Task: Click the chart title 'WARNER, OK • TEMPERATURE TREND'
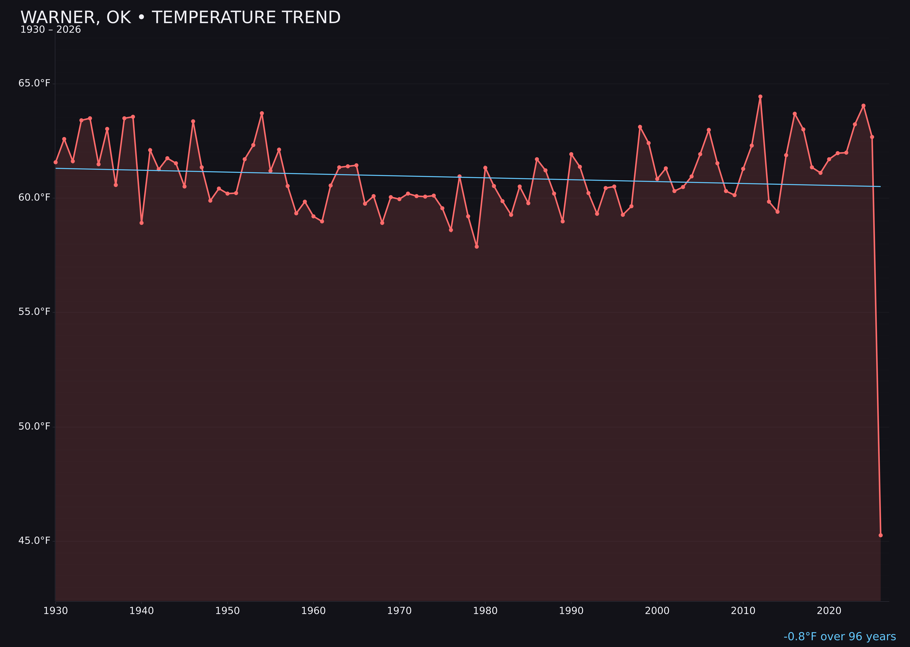(x=180, y=18)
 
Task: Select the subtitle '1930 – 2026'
(x=51, y=30)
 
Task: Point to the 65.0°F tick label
(x=34, y=83)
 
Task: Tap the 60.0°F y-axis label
(x=34, y=198)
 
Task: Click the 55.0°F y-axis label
(x=34, y=311)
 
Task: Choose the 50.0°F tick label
(x=34, y=426)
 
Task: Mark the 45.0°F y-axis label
(x=34, y=541)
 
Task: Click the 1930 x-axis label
(x=55, y=611)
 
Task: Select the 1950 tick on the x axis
(x=227, y=611)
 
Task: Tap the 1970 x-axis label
(x=399, y=611)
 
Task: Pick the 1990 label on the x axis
(x=571, y=611)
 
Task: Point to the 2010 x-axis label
(x=743, y=611)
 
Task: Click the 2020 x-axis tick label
(x=829, y=611)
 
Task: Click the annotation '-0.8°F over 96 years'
(x=839, y=637)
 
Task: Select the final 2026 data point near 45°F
(x=880, y=535)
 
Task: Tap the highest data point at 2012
(x=760, y=96)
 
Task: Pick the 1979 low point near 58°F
(x=477, y=247)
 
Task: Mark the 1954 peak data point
(x=262, y=113)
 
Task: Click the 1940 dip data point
(x=142, y=223)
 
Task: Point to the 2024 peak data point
(x=863, y=106)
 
